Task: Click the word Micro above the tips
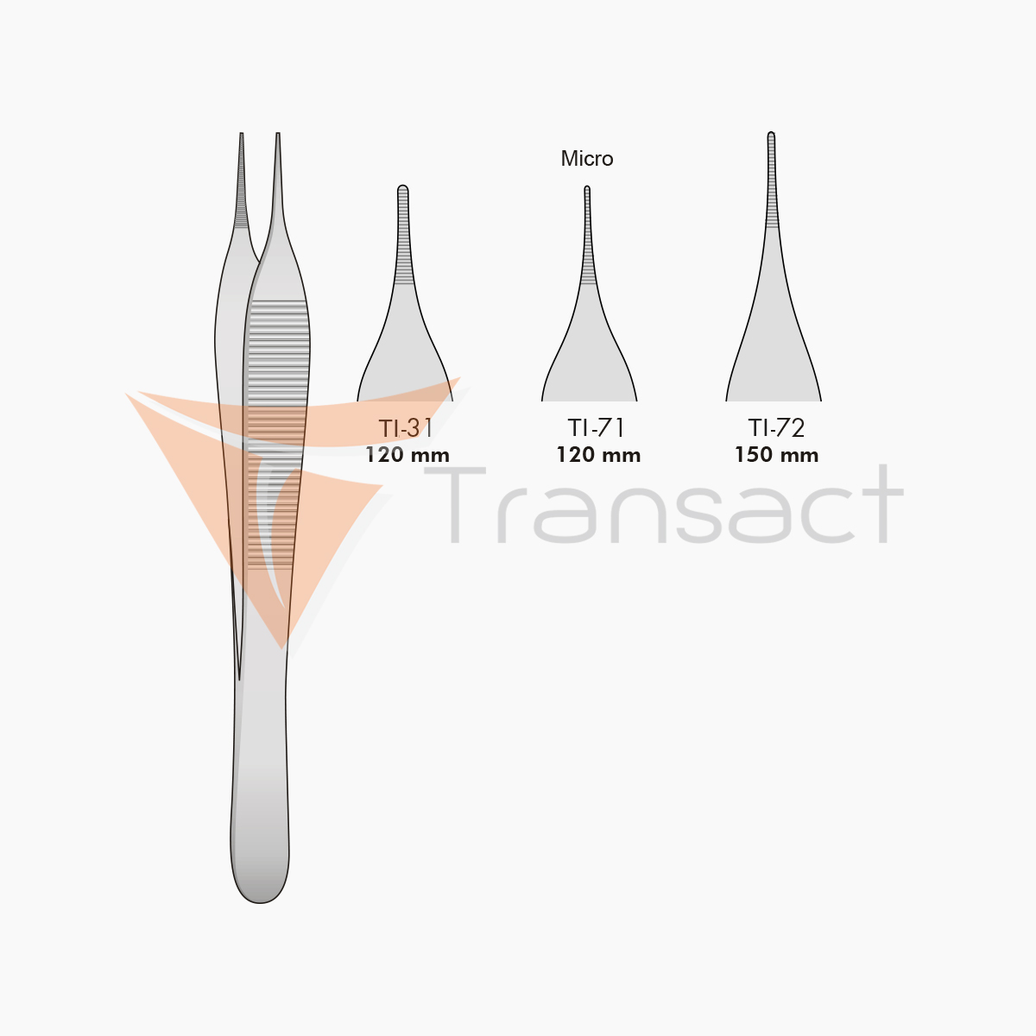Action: coord(587,159)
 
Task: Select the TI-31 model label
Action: coord(406,428)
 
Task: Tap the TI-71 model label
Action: coord(597,428)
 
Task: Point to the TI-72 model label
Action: coord(777,428)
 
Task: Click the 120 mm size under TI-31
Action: coord(407,455)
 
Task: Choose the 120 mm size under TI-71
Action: coord(598,455)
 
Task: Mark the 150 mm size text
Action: coord(777,455)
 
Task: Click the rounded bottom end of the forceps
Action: coord(260,881)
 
